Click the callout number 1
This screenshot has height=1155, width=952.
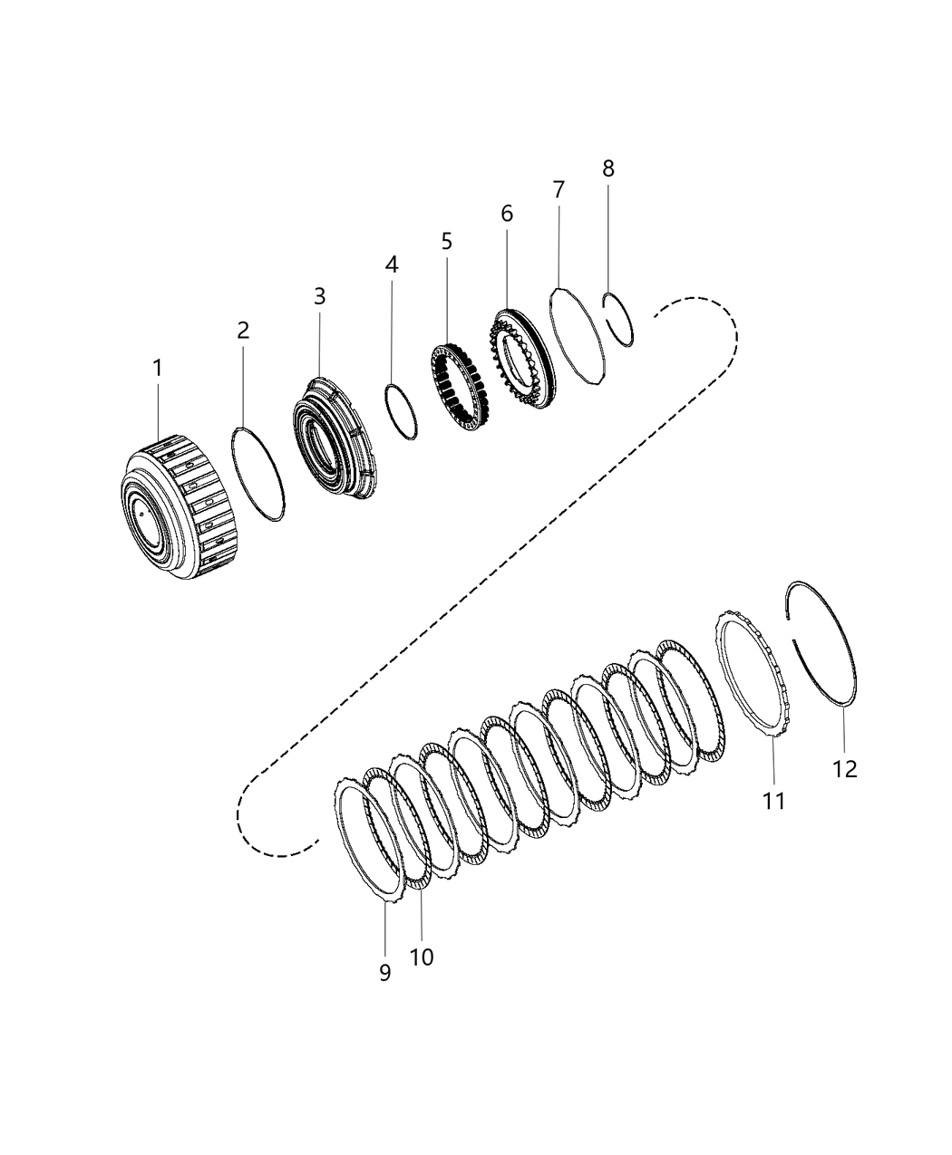pos(157,369)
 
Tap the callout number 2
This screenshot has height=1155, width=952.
pos(243,331)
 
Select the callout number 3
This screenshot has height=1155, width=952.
pos(319,296)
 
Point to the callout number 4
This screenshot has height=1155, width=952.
pos(391,265)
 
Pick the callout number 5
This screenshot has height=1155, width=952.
pos(446,241)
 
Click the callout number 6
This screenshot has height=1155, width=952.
pos(506,214)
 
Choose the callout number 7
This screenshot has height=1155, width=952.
pos(559,190)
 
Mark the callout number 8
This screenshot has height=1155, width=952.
pos(607,168)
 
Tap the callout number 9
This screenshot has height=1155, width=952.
pos(385,973)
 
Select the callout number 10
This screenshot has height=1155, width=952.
pos(422,957)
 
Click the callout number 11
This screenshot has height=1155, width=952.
pos(773,801)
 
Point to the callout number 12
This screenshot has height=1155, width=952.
pos(844,769)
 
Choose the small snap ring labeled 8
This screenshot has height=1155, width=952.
pos(620,317)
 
